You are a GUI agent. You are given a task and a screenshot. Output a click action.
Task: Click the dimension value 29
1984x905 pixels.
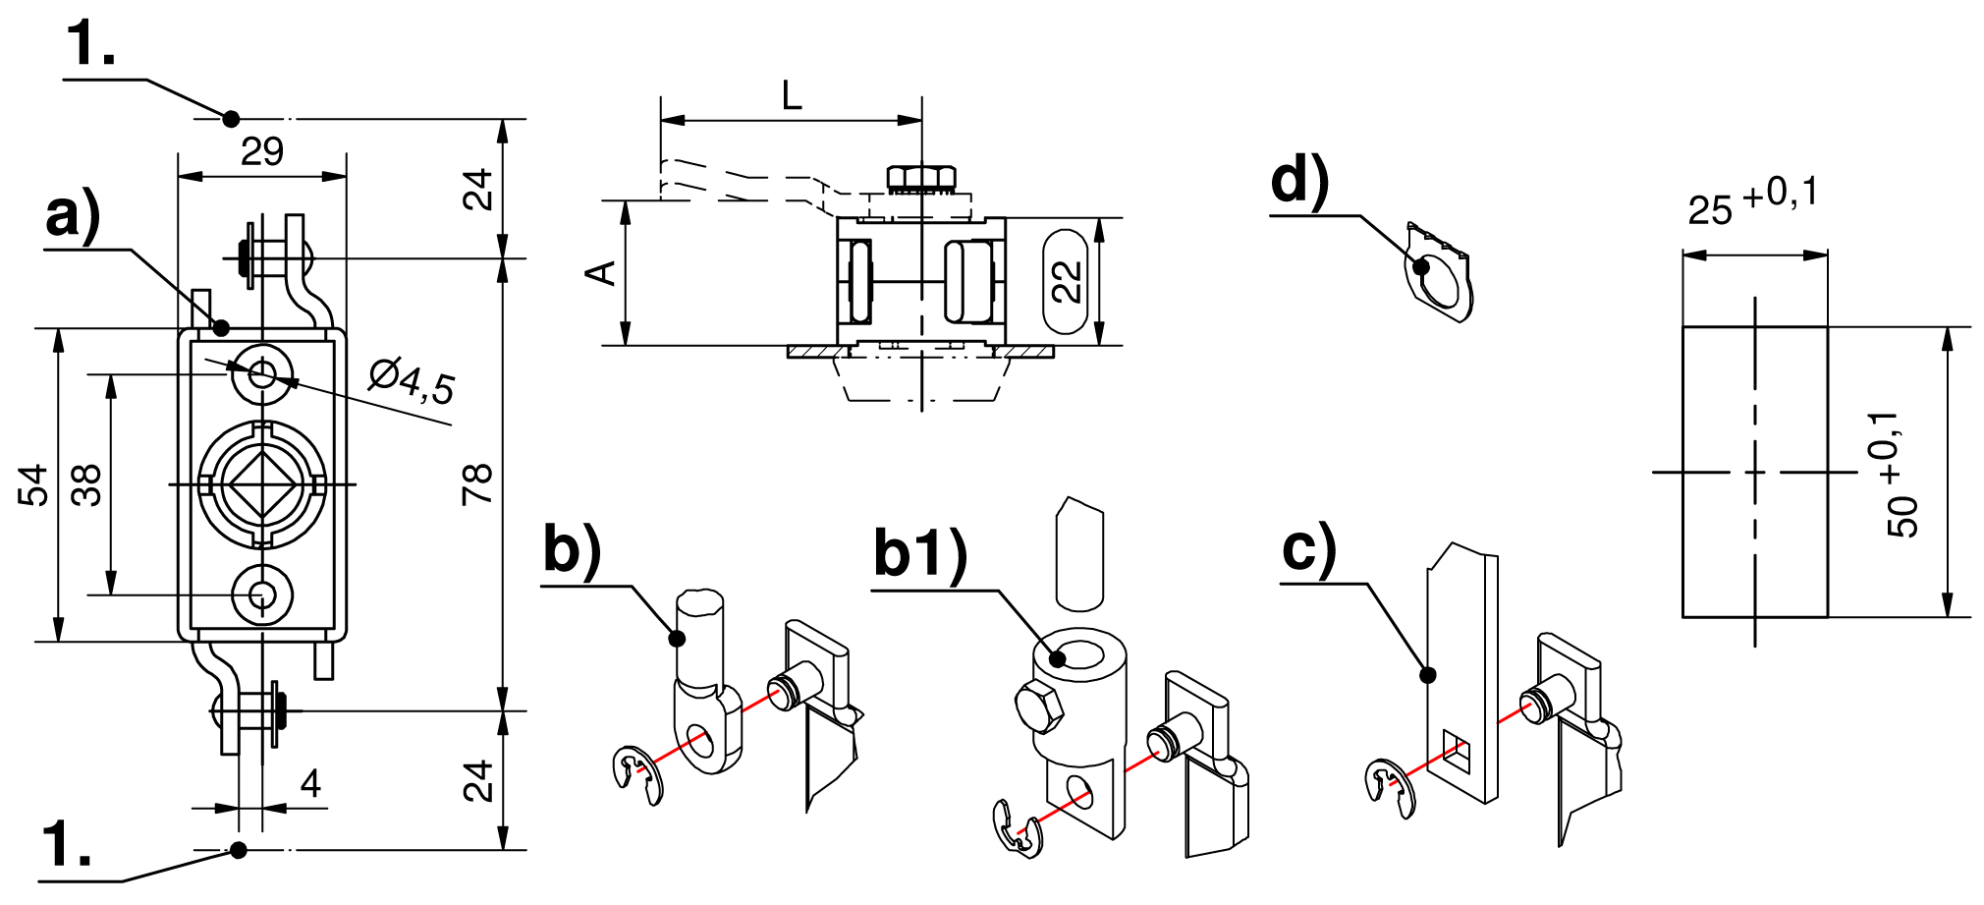(262, 151)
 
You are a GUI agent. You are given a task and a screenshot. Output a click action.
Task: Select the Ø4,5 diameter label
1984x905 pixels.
(413, 381)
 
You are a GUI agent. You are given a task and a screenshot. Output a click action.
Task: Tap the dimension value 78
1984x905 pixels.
(477, 483)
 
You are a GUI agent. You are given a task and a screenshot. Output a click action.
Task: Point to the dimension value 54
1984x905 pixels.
(33, 485)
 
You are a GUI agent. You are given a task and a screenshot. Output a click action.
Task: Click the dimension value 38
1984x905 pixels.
(87, 485)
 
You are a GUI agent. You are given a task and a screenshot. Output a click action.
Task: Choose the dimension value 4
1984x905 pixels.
(310, 783)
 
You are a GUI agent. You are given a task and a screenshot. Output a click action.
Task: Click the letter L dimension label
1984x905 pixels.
(792, 96)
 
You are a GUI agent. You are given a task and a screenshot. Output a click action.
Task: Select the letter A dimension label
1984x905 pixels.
(601, 272)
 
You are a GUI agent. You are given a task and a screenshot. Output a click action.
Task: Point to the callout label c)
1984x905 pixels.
(1309, 548)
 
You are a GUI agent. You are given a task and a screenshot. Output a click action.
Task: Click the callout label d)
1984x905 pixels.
(1299, 182)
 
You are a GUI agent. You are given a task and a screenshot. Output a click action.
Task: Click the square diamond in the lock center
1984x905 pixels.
(262, 483)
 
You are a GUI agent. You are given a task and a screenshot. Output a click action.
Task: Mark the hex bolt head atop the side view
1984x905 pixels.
(921, 178)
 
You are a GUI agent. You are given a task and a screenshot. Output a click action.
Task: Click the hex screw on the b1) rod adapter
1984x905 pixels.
(1038, 707)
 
